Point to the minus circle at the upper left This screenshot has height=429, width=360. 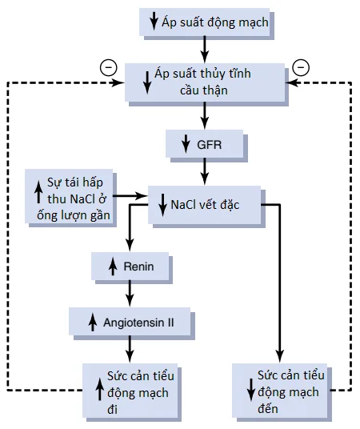(x=109, y=67)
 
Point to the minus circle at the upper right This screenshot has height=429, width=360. (x=301, y=67)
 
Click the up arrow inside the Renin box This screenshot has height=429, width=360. (x=113, y=267)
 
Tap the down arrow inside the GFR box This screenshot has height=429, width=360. (x=186, y=143)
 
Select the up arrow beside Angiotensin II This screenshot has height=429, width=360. (x=93, y=323)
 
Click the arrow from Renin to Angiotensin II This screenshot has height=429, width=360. (x=130, y=293)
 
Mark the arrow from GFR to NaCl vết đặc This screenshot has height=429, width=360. (x=204, y=171)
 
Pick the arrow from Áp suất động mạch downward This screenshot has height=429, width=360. (x=204, y=50)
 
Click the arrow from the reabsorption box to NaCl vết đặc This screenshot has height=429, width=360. (x=130, y=196)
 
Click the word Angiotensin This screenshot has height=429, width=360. (x=134, y=323)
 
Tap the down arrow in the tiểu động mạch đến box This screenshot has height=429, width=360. (x=251, y=390)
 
